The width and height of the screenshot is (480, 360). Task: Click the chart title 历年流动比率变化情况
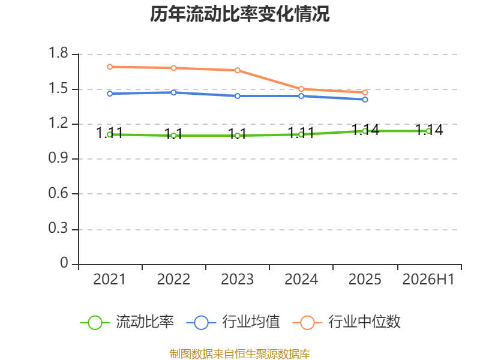click(x=239, y=14)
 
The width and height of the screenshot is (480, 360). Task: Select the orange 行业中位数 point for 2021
click(x=110, y=67)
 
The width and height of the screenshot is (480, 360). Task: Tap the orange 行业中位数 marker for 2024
click(x=301, y=89)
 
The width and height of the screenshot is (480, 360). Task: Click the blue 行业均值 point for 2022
click(x=173, y=92)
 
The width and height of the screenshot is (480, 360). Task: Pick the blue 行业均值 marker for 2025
click(x=365, y=100)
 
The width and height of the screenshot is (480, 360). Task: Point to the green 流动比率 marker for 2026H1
click(x=428, y=131)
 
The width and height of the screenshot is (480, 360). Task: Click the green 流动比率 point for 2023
click(x=238, y=136)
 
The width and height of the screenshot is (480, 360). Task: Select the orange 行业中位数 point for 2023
click(x=238, y=70)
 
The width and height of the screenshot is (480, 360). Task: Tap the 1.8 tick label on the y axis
click(x=58, y=53)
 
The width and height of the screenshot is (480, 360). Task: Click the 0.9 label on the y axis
click(x=58, y=158)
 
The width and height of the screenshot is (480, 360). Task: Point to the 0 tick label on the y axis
click(x=64, y=263)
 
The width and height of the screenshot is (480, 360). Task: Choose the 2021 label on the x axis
click(x=109, y=279)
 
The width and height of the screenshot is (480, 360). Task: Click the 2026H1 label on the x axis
click(x=428, y=279)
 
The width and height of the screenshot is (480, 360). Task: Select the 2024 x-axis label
click(x=301, y=279)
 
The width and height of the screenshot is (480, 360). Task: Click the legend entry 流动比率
click(x=127, y=322)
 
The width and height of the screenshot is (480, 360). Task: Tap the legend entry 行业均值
click(x=233, y=322)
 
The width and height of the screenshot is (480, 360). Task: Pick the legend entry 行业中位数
click(x=347, y=322)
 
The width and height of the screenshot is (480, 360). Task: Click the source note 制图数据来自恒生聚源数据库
click(x=239, y=354)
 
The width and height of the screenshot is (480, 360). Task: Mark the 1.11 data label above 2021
click(x=110, y=133)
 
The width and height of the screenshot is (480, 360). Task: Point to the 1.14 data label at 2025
click(x=365, y=130)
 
